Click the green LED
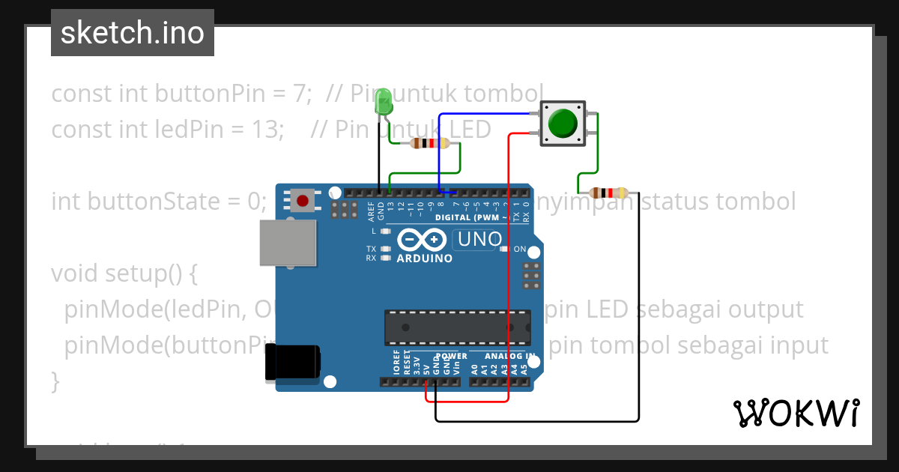tap(384, 102)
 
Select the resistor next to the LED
tap(430, 144)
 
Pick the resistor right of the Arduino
tap(608, 193)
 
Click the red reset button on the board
tap(303, 201)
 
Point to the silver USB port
tap(288, 243)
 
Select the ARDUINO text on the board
tap(425, 258)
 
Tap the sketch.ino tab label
tap(133, 33)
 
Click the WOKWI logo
tap(796, 413)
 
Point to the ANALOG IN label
tap(509, 356)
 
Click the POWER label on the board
tap(451, 356)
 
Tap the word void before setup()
tap(74, 273)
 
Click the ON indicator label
tap(520, 249)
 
